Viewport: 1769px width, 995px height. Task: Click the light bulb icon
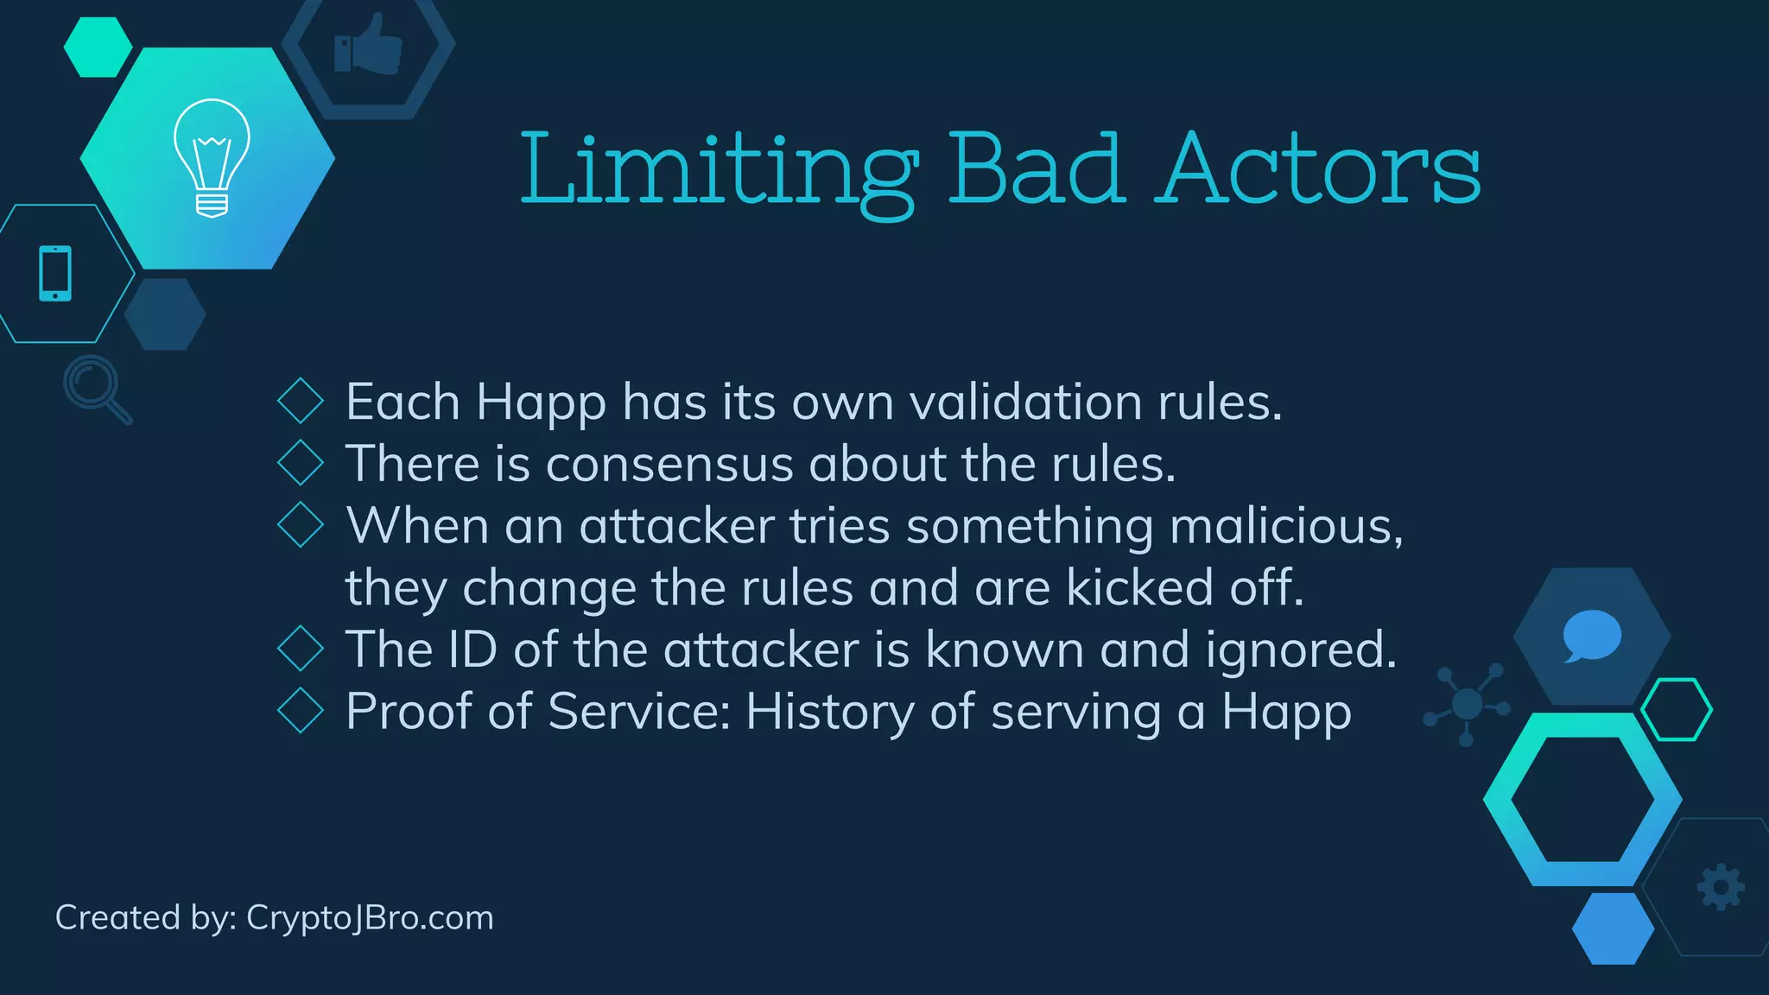click(x=212, y=157)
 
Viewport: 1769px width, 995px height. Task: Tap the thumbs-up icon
click(x=369, y=45)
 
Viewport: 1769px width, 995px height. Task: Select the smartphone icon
click(x=55, y=274)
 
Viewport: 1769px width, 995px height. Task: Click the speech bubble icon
click(x=1591, y=636)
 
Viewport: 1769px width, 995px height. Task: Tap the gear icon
click(x=1721, y=887)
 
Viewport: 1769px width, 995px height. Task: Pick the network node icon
click(x=1468, y=704)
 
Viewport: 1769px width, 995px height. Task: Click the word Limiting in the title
click(x=718, y=170)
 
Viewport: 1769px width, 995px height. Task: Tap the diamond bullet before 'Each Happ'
click(x=301, y=401)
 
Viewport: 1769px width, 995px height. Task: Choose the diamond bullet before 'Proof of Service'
click(x=301, y=710)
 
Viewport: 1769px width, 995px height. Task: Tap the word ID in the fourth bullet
click(x=472, y=649)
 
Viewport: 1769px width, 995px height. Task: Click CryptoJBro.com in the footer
click(x=370, y=917)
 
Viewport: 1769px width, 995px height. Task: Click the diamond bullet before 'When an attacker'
click(x=301, y=524)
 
